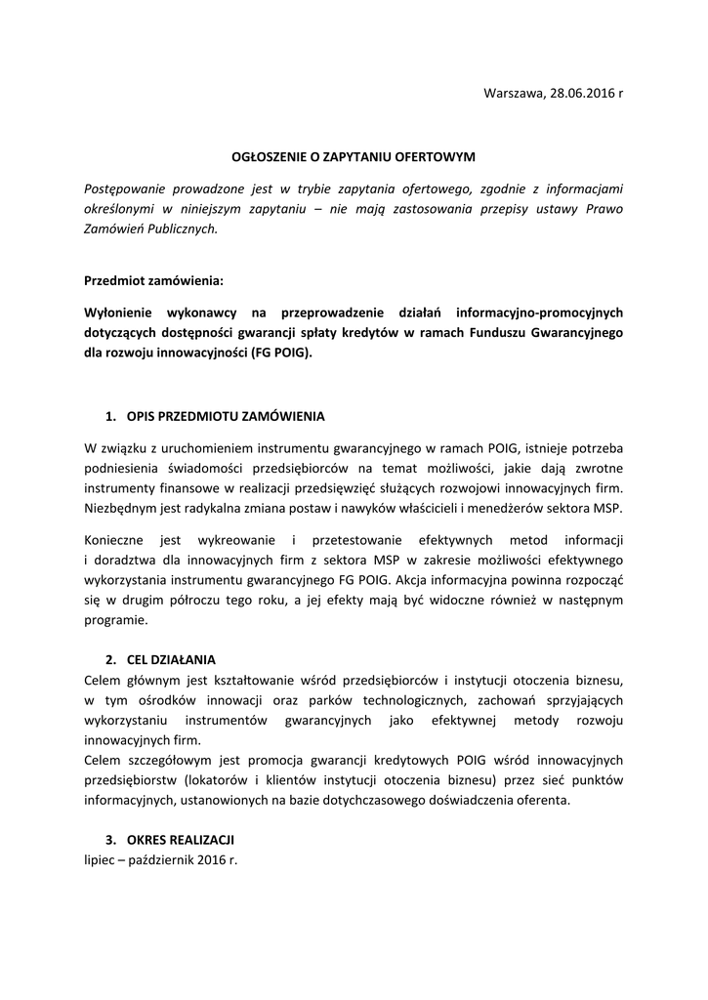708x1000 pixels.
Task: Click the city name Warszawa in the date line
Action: (x=513, y=93)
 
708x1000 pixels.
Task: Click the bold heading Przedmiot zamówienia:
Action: (x=153, y=281)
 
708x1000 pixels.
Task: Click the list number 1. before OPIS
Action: (x=110, y=416)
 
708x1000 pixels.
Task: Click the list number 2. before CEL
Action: (x=110, y=659)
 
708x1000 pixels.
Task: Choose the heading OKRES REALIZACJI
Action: (x=181, y=840)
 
